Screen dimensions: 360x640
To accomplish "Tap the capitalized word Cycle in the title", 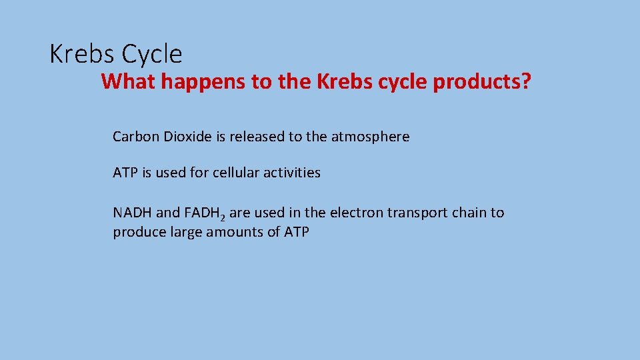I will [152, 55].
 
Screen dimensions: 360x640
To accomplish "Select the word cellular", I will [237, 173].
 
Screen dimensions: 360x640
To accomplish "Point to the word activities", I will [293, 173].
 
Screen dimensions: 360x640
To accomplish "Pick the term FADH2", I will [205, 213].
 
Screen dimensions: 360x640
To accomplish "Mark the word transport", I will [414, 213].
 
